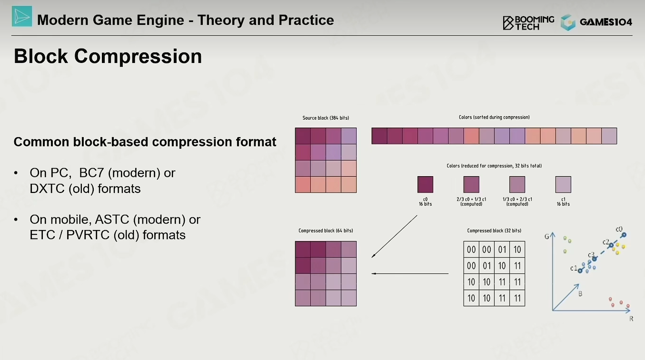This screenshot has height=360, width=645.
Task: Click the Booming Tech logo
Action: pos(528,23)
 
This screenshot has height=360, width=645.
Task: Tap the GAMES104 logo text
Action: pos(606,22)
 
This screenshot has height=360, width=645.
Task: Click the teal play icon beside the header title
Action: pos(22,16)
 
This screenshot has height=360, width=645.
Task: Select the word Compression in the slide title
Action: pos(138,56)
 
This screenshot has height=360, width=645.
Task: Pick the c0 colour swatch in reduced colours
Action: pos(425,185)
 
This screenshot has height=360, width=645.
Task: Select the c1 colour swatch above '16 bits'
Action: pos(563,185)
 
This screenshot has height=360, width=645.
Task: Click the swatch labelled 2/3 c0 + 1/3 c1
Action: pos(471,185)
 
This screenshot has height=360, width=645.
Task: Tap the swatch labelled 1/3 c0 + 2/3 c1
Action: pos(517,185)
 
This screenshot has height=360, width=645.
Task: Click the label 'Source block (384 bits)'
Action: pos(326,118)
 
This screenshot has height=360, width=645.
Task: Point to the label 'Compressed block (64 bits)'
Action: pos(326,230)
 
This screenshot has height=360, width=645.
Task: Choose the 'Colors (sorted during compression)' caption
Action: pos(494,117)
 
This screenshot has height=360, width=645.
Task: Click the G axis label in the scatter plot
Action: pos(547,237)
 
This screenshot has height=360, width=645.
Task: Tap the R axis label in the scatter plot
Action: pos(631,319)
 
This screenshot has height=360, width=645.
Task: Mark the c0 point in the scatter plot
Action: pos(624,235)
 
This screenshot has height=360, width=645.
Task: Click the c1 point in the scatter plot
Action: pos(580,271)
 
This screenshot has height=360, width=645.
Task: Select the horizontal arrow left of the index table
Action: pos(410,274)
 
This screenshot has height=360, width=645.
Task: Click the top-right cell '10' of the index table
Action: pos(517,250)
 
